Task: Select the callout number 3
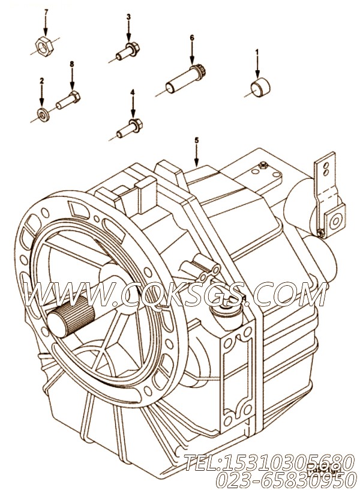coord(128,17)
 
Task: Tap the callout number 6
coord(192,38)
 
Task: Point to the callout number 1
coord(257,53)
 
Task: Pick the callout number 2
coord(41,80)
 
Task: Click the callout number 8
coord(71,64)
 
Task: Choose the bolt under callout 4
coord(130,125)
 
